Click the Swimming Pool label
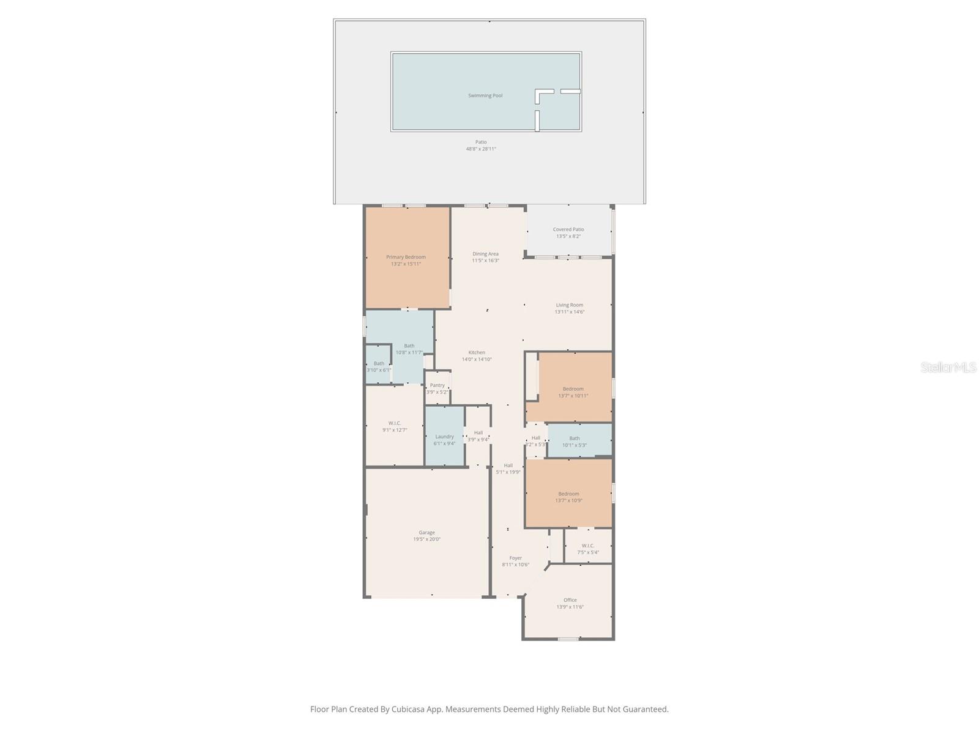coord(485,95)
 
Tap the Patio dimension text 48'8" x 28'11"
coord(481,149)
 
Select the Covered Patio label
coord(568,229)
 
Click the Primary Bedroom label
coord(406,257)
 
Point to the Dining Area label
coord(485,254)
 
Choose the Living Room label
coord(569,305)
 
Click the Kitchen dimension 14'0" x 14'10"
coord(477,359)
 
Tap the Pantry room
coord(437,388)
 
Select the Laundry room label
coord(444,437)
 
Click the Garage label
coord(426,532)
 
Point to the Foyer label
coord(516,558)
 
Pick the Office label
coord(570,600)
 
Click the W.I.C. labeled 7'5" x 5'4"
coord(587,549)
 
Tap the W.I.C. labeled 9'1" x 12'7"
coord(395,426)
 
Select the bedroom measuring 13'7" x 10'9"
coord(568,497)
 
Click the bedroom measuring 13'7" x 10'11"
coord(573,391)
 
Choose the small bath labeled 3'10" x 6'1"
coord(379,366)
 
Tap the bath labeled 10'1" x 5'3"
coord(575,441)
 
